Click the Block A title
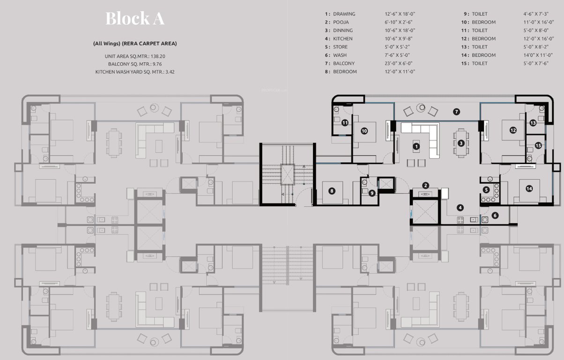135,19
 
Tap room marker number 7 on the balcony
456,112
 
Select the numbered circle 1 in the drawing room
416,147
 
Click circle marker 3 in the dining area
461,143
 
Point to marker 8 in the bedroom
332,191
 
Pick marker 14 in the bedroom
529,188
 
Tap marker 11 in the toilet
345,123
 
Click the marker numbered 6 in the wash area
495,215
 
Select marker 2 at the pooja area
425,186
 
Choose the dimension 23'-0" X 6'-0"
400,63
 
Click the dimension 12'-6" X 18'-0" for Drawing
400,14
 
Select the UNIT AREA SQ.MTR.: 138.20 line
135,56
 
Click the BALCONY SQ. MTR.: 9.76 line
135,64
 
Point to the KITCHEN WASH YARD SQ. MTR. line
135,72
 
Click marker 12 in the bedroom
513,130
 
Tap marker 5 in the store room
486,190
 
